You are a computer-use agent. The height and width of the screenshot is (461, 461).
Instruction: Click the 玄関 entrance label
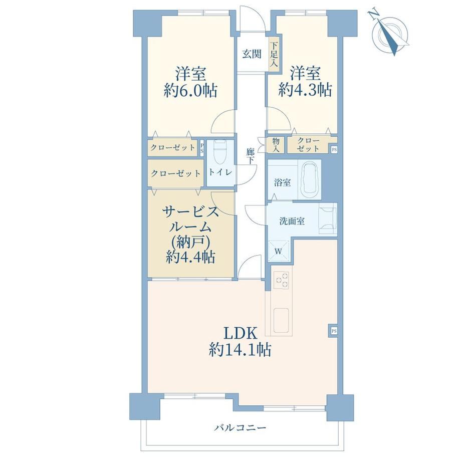click(x=252, y=54)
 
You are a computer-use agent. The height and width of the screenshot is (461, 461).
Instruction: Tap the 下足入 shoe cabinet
click(x=274, y=54)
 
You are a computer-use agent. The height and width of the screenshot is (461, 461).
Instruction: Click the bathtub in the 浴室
click(x=309, y=180)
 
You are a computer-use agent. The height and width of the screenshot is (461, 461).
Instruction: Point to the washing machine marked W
click(x=278, y=251)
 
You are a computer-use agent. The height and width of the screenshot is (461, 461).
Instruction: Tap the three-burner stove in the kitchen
click(x=282, y=280)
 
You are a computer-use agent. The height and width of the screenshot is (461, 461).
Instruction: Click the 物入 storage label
click(x=276, y=145)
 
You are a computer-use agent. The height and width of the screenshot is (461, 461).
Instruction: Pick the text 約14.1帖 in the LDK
click(x=240, y=350)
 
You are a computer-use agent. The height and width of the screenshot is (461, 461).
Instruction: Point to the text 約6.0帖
click(x=190, y=91)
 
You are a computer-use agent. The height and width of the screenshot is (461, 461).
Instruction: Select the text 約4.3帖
click(x=305, y=90)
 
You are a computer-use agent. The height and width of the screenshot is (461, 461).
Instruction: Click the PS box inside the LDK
click(x=334, y=331)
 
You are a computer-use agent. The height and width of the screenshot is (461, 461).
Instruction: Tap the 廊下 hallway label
click(x=250, y=156)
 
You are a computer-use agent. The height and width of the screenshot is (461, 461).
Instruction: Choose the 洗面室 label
click(x=292, y=221)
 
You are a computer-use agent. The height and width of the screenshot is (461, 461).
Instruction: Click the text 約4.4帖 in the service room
click(x=190, y=257)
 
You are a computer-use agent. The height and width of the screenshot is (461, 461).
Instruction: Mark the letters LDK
click(x=240, y=333)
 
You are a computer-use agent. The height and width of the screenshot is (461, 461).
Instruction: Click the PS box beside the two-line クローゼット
click(x=334, y=149)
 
